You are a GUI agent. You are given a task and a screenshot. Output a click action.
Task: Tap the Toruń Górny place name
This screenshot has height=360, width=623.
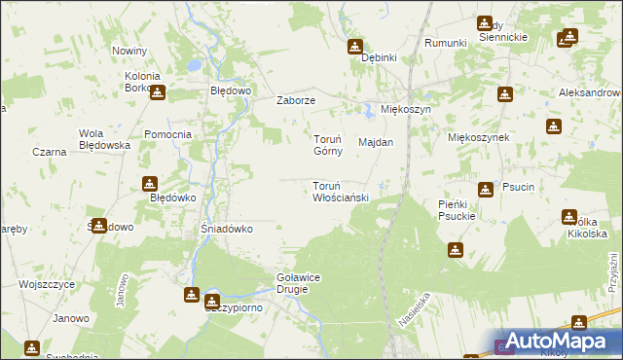coord(326,145)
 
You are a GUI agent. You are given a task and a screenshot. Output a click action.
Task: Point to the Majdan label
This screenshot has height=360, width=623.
coord(376,142)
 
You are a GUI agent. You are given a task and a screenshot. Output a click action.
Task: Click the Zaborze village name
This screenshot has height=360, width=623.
coord(296,100)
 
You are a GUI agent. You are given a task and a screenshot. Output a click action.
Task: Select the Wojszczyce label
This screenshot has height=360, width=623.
coord(47,284)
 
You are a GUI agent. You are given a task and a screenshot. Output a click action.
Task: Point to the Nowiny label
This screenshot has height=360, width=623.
coord(129,51)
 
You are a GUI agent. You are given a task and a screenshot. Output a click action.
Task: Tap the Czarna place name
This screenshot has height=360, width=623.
coord(49,152)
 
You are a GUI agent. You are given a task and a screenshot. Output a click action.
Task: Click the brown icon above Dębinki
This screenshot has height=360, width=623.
coord(355,46)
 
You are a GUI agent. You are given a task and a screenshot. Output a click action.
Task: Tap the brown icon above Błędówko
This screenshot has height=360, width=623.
coord(149,183)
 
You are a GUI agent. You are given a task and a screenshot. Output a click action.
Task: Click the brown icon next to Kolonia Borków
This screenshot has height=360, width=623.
coord(158,92)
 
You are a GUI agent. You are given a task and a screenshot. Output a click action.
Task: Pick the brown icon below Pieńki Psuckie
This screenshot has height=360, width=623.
coord(455,250)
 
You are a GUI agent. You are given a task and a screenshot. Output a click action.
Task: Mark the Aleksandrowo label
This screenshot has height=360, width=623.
coord(590,92)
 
